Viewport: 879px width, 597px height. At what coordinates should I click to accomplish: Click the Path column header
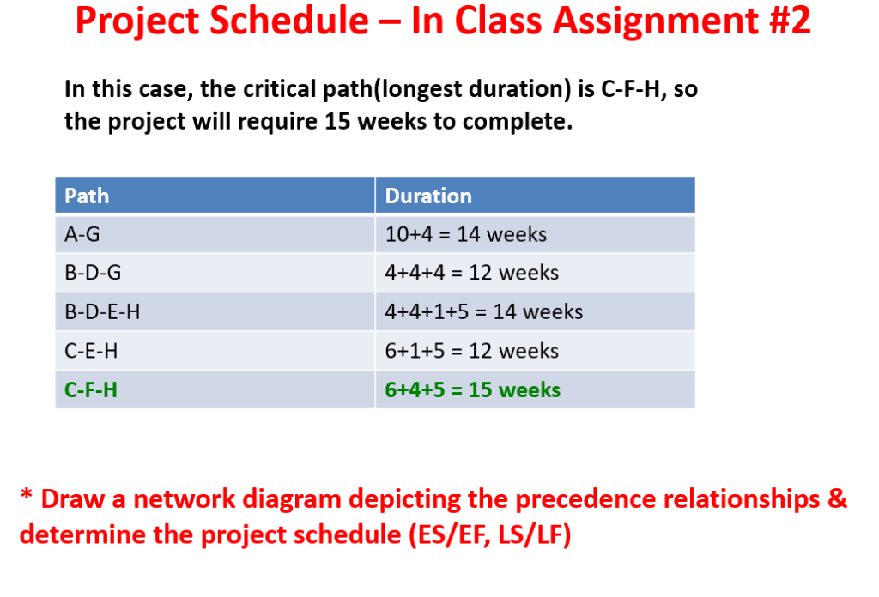tap(215, 196)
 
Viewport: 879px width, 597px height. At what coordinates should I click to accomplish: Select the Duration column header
tap(536, 196)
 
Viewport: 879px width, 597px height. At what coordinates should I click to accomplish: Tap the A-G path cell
tap(215, 234)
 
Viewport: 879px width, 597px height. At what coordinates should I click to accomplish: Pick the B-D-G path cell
tap(215, 273)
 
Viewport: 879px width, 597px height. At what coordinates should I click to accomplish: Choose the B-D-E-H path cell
tap(215, 311)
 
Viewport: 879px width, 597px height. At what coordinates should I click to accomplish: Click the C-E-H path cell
tap(215, 351)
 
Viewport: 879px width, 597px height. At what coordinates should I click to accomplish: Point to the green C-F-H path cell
tap(215, 389)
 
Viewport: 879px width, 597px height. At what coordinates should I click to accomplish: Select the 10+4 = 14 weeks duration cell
tap(536, 234)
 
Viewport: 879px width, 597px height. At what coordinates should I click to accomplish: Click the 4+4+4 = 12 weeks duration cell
tap(536, 273)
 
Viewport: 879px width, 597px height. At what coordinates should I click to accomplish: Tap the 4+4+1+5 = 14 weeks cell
tap(536, 311)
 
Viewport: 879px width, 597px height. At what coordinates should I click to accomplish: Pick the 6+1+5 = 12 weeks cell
tap(536, 351)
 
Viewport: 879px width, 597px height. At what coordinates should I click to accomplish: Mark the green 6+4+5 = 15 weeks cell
tap(536, 389)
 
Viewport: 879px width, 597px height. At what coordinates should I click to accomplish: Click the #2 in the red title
tap(791, 21)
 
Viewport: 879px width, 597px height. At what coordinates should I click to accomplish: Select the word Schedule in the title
tap(289, 21)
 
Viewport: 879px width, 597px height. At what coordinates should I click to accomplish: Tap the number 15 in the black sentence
tap(337, 121)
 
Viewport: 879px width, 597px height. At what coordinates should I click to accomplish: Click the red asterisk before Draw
tap(27, 495)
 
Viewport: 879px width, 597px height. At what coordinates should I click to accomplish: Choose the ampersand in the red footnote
tap(837, 498)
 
